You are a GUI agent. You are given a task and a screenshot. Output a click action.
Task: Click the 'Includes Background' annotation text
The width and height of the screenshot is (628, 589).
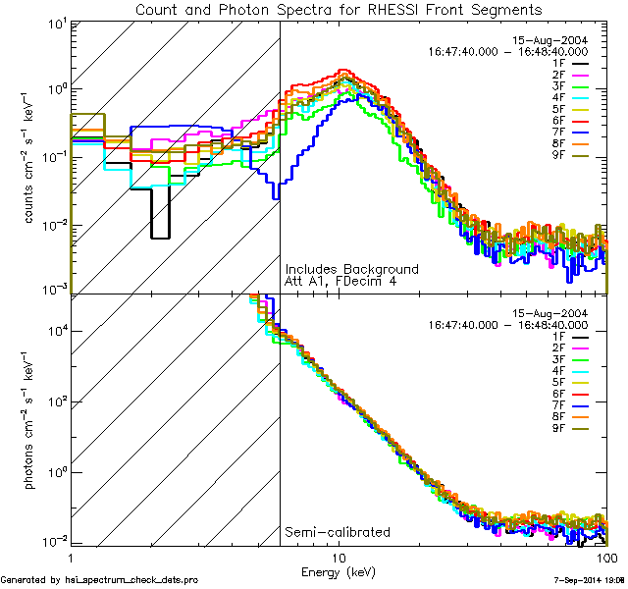(x=351, y=269)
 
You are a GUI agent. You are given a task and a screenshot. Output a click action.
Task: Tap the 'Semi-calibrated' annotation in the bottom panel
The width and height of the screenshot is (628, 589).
(x=337, y=532)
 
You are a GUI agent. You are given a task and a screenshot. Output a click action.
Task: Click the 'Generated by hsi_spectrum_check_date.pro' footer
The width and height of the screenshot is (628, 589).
(x=100, y=580)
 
